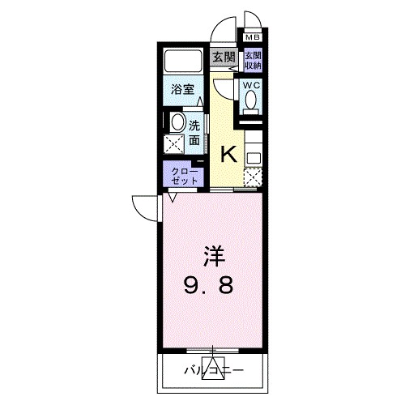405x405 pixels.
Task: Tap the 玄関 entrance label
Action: pyautogui.click(x=224, y=57)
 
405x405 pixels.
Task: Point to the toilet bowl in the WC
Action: pyautogui.click(x=251, y=100)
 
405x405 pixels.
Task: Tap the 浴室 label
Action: pyautogui.click(x=182, y=90)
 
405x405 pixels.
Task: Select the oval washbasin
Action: pyautogui.click(x=177, y=122)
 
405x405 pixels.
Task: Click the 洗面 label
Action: pyautogui.click(x=195, y=132)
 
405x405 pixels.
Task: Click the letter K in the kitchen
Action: pyautogui.click(x=229, y=152)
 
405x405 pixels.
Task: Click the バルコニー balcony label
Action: pyautogui.click(x=212, y=374)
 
